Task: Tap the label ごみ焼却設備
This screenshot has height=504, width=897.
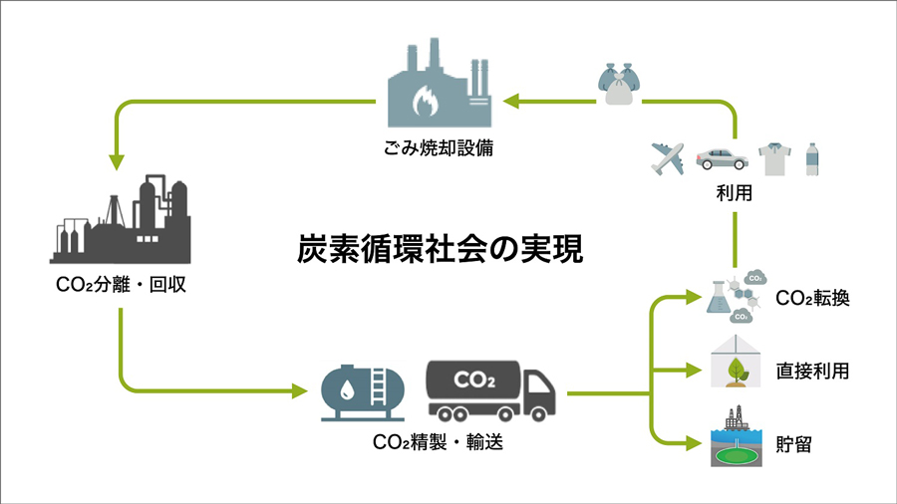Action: [x=440, y=149]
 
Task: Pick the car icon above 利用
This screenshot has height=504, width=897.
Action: [x=720, y=157]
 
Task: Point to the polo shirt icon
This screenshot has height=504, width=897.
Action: [x=773, y=157]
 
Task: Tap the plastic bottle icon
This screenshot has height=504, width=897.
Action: [x=811, y=158]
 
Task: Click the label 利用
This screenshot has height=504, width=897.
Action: [x=735, y=196]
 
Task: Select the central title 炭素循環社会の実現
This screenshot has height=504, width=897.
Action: [x=441, y=248]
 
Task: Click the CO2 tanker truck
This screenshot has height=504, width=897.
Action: [x=488, y=389]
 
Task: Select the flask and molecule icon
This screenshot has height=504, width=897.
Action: [x=735, y=297]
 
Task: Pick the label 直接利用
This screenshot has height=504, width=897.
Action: [x=812, y=372]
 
